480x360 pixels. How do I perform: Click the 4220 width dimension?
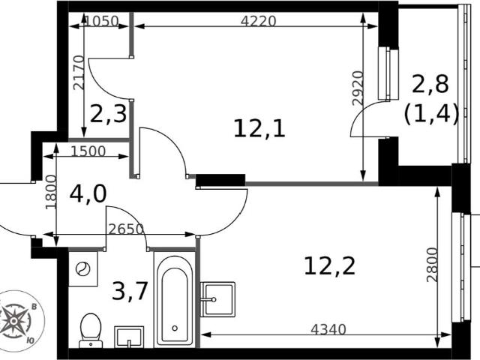[258, 21]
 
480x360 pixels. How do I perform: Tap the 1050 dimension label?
[101, 21]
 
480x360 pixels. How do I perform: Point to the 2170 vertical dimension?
[78, 72]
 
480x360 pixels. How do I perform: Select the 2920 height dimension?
[358, 88]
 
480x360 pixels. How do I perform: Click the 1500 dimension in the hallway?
[88, 151]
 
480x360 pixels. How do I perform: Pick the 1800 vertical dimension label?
[51, 192]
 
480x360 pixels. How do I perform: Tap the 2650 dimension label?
[126, 229]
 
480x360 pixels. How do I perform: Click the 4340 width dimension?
[328, 329]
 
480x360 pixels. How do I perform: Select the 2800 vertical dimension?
[432, 265]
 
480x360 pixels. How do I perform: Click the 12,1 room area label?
[259, 129]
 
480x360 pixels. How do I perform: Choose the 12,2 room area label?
[330, 265]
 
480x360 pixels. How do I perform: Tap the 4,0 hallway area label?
[88, 194]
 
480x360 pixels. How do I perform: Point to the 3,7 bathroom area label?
[130, 291]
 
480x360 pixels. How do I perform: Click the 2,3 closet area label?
[108, 114]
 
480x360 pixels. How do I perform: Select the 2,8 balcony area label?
[430, 84]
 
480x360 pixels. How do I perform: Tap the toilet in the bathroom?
[91, 331]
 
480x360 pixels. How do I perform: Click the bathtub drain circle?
[175, 328]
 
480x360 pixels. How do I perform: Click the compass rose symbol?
[15, 321]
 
